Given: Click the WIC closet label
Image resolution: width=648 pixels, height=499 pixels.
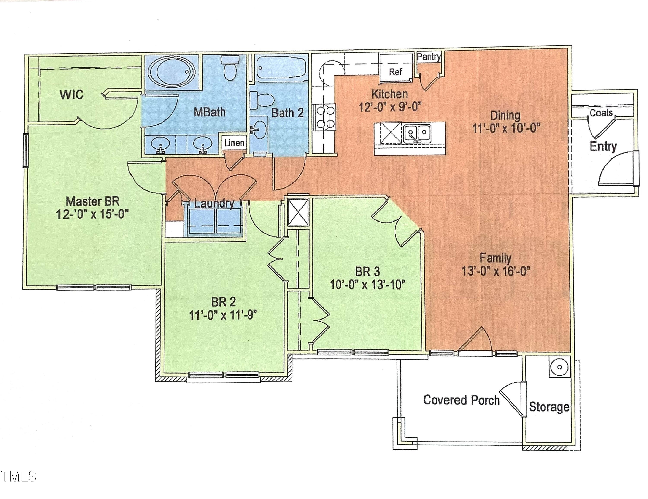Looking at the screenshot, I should point(71,95).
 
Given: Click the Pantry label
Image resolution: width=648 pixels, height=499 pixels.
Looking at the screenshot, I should point(429,57).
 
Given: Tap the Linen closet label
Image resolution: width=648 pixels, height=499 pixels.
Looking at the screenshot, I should point(234,143).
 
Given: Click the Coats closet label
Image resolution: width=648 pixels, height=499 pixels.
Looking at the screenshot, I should point(601,113).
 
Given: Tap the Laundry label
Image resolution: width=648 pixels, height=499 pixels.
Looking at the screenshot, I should point(214,204).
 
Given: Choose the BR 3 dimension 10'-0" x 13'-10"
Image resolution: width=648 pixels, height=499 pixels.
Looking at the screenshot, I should point(368,285).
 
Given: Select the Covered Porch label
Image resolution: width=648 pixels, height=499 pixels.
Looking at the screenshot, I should point(461,400).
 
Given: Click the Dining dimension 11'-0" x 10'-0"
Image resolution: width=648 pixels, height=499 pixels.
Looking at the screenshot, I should point(505,128).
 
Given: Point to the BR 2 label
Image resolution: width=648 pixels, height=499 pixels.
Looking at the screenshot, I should point(223,302).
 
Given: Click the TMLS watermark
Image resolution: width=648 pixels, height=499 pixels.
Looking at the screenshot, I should point(18,477).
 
